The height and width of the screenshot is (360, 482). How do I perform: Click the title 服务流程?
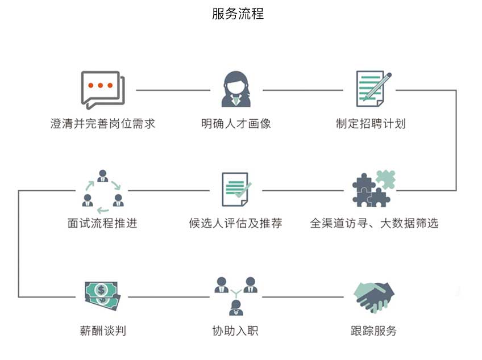pyautogui.click(x=238, y=14)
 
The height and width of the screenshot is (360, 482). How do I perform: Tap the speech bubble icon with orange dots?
pyautogui.click(x=102, y=89)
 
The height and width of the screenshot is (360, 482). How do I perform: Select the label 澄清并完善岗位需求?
pyautogui.click(x=103, y=123)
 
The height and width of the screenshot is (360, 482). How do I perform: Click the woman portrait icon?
pyautogui.click(x=236, y=89)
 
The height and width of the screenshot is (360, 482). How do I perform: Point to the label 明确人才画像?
pyautogui.click(x=236, y=123)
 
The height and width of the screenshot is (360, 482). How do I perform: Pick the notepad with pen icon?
pyautogui.click(x=373, y=89)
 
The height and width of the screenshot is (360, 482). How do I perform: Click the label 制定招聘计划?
pyautogui.click(x=371, y=123)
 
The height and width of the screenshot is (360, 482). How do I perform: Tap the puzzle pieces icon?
pyautogui.click(x=373, y=189)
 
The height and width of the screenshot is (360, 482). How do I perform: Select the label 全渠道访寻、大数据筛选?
pyautogui.click(x=374, y=223)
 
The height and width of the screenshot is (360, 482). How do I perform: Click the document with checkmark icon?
pyautogui.click(x=236, y=189)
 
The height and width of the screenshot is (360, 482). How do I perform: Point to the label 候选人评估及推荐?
pyautogui.click(x=235, y=223)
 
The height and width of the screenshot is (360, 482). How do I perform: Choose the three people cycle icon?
pyautogui.click(x=102, y=189)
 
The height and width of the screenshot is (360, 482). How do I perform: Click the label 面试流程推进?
pyautogui.click(x=102, y=223)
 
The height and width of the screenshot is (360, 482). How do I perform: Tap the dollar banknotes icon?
pyautogui.click(x=102, y=296)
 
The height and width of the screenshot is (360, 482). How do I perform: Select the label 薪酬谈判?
pyautogui.click(x=103, y=330)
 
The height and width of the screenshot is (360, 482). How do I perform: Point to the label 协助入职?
pyautogui.click(x=235, y=330)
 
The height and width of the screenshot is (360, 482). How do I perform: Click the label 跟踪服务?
pyautogui.click(x=373, y=330)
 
